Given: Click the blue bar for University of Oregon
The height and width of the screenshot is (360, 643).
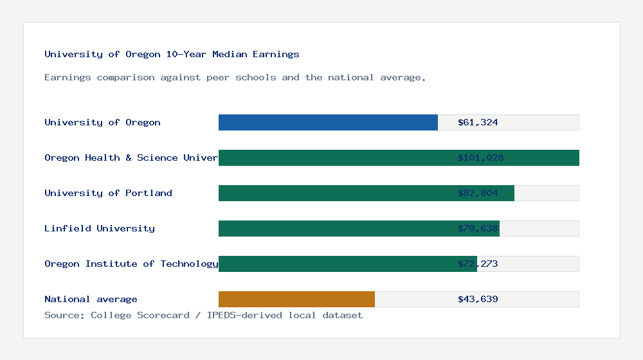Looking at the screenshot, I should (328, 122).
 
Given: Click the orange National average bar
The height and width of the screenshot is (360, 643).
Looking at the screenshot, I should (296, 299).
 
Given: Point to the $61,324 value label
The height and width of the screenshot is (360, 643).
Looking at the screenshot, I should (478, 122).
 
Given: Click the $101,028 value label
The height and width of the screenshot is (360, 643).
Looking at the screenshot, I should (480, 157).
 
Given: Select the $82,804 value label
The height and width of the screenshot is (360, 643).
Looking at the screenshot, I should (478, 193).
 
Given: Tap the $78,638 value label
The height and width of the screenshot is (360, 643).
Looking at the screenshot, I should (478, 228).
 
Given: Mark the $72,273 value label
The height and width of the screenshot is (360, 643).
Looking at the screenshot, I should (478, 264).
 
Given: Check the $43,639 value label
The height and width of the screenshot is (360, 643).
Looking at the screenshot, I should (478, 299).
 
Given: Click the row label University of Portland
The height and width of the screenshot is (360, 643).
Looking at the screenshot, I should (108, 193).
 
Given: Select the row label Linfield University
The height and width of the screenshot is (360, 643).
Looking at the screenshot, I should (100, 228).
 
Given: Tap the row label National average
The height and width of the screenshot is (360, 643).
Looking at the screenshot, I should (91, 299).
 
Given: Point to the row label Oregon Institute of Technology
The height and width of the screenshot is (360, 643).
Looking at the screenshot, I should (131, 264).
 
